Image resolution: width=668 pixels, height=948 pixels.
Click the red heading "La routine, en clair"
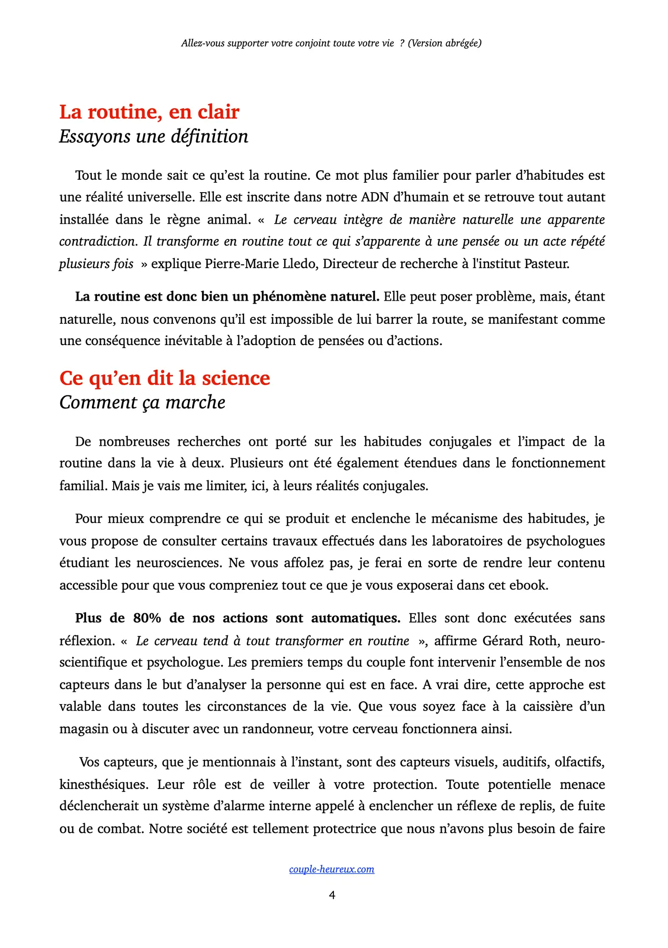click(x=149, y=112)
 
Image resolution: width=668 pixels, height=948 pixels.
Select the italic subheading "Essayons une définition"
click(x=154, y=137)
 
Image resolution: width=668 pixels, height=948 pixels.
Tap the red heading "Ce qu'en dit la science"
click(x=165, y=378)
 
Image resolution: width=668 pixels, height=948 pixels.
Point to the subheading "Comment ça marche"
click(x=142, y=403)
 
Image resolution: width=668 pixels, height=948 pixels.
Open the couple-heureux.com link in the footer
click(x=332, y=869)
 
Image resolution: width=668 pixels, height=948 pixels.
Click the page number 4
click(x=332, y=895)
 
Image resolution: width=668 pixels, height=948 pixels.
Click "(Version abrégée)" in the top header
click(x=445, y=43)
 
